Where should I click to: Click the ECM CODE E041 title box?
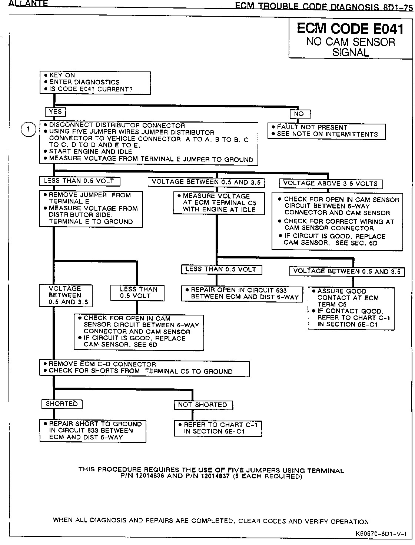point(350,39)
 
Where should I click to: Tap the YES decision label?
point(55,111)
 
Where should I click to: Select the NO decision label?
point(299,114)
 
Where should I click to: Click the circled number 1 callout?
point(29,130)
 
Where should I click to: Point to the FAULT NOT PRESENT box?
point(326,131)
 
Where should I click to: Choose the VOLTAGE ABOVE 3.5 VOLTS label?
point(331,184)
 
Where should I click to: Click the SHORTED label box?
point(62,404)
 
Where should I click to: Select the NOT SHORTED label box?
point(203,405)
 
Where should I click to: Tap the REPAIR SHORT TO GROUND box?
point(93,431)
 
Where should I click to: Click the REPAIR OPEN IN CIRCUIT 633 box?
point(242,294)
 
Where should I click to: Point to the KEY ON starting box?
point(95,82)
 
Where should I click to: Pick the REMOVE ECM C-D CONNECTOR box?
point(144,368)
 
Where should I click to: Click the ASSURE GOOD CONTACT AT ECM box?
point(351,308)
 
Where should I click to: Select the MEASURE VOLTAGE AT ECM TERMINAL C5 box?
point(219,203)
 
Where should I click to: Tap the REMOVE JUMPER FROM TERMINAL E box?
point(91,208)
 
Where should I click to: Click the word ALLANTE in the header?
point(28,4)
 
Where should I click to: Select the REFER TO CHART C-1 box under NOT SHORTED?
point(218,428)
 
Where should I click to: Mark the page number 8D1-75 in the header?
point(396,7)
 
